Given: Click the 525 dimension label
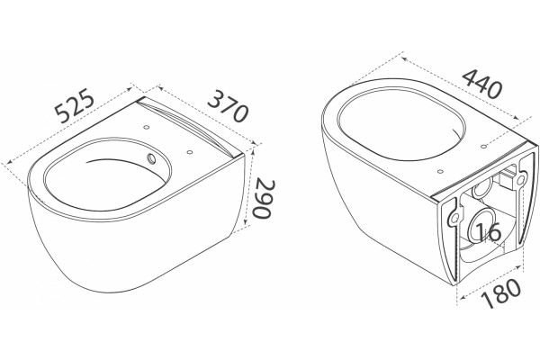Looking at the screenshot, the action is pos(75,106).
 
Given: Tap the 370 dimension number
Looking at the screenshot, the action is pos(228,106).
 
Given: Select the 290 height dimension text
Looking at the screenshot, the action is pos(264,198).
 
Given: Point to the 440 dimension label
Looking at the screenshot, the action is pos(481,84).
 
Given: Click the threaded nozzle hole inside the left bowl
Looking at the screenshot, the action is pos(151,158).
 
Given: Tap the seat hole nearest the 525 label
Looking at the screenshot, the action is pos(146,127).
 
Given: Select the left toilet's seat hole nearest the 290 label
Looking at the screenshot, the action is pos(189,151).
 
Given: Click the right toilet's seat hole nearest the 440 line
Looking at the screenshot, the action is pos(483,147).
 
